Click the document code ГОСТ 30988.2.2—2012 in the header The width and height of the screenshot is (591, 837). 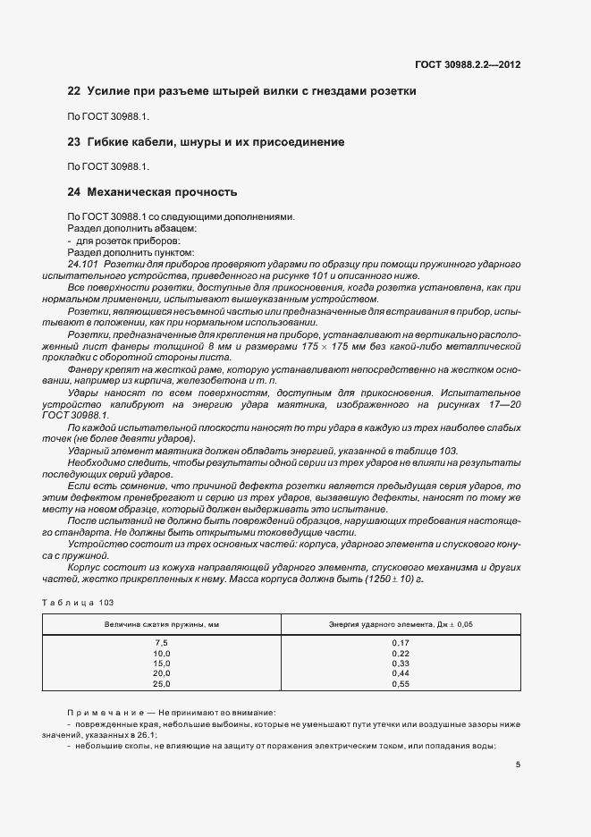(469, 64)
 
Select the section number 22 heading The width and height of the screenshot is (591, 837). (73, 91)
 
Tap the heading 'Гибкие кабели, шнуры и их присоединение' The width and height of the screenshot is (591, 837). (215, 141)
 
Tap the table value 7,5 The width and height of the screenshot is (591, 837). (162, 644)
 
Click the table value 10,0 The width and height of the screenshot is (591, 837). (162, 654)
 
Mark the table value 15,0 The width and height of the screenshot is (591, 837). (162, 664)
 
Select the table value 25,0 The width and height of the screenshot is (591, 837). (162, 683)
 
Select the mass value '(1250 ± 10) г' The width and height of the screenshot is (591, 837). (393, 579)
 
